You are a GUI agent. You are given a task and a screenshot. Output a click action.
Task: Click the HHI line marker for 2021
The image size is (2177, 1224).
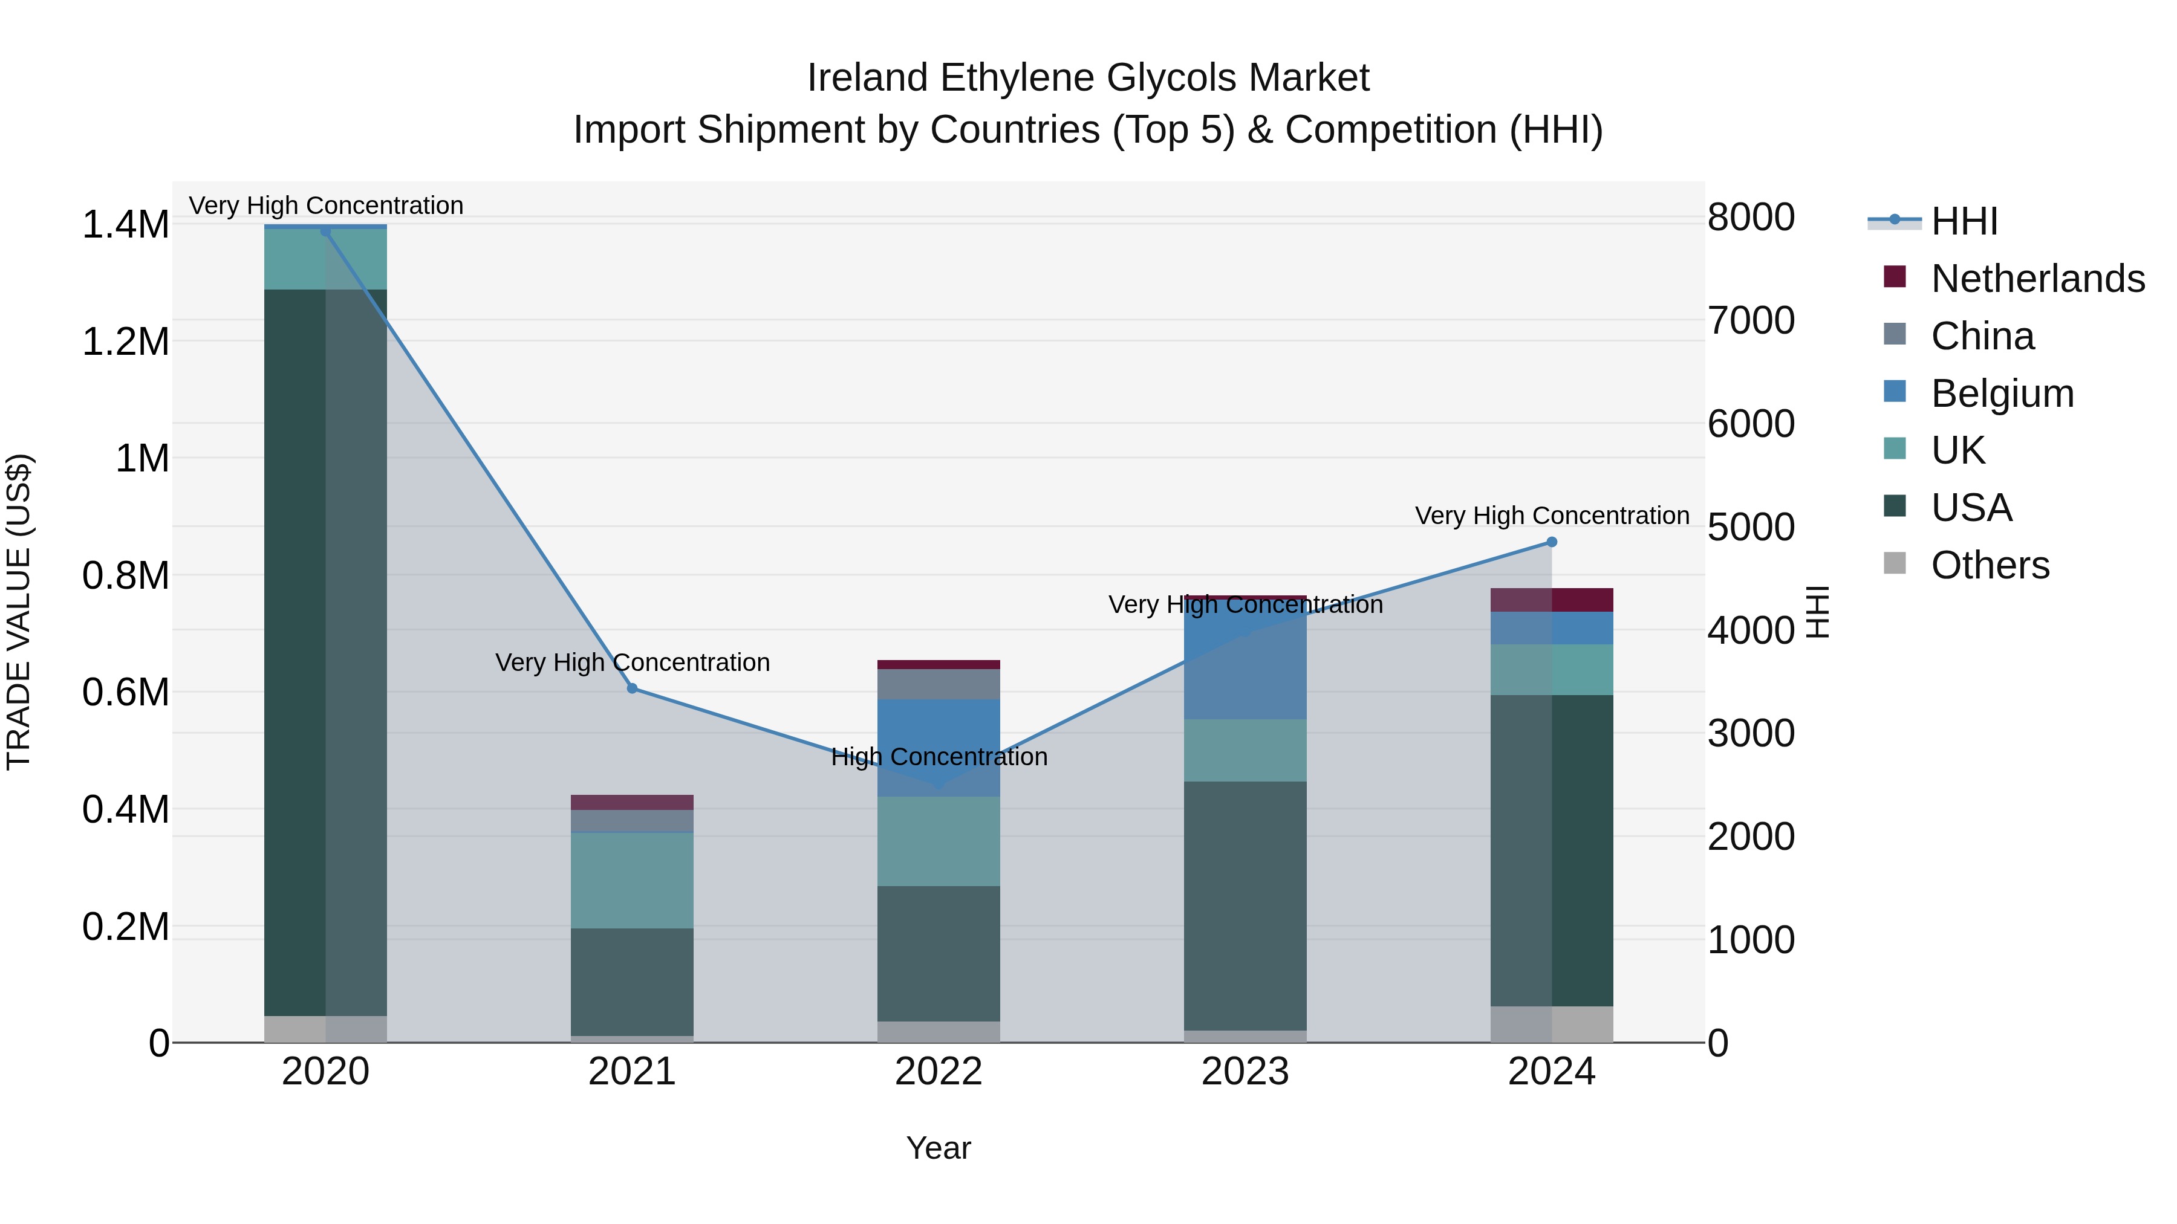(632, 688)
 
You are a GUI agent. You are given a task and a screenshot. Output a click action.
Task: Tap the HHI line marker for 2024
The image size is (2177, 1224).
(1552, 542)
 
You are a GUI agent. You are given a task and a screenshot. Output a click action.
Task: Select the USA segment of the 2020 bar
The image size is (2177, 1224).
(325, 650)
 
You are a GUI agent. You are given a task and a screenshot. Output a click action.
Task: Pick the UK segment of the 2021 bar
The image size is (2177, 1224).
(632, 880)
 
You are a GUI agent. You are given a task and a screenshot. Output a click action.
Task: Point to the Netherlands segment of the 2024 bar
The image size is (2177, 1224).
(1552, 600)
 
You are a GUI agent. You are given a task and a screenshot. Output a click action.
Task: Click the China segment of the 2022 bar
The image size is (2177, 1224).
(938, 684)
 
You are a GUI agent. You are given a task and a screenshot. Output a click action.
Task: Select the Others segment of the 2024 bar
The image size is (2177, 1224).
(1552, 1024)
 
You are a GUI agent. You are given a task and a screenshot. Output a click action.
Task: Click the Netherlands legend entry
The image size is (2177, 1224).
(2037, 279)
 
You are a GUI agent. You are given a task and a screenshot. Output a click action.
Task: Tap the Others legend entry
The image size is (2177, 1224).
(1990, 565)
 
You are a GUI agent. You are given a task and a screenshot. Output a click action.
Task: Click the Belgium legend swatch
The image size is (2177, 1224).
(1895, 392)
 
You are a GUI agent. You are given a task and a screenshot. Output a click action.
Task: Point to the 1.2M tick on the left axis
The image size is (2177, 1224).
(125, 342)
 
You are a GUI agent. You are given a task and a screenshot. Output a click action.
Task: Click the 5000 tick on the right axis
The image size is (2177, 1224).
(1751, 527)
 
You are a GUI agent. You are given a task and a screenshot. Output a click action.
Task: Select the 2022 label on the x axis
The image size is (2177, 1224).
(938, 1072)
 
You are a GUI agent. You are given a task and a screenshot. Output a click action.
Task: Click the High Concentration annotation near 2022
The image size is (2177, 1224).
(938, 757)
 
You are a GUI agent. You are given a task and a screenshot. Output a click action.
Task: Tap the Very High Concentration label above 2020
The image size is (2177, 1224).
(325, 206)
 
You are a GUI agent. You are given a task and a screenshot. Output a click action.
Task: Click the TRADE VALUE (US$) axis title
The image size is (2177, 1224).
(19, 612)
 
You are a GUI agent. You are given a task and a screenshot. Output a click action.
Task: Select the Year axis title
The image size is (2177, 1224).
(938, 1148)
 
